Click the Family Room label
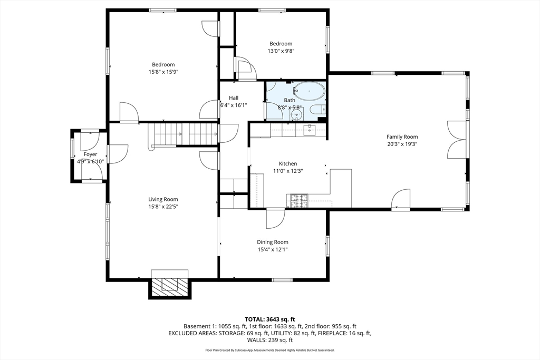(x=402, y=137)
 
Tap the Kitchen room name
(x=285, y=164)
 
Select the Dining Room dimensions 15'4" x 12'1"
(x=272, y=249)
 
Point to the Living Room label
(x=163, y=199)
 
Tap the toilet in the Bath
(x=317, y=110)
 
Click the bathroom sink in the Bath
(x=297, y=114)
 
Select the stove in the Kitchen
(x=297, y=200)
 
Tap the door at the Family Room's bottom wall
(x=401, y=200)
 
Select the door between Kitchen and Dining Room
(x=275, y=218)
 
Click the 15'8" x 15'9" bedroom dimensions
(x=163, y=72)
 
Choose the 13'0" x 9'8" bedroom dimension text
(x=281, y=51)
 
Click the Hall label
(x=233, y=98)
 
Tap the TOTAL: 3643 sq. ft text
(x=269, y=319)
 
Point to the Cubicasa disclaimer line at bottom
(x=269, y=350)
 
